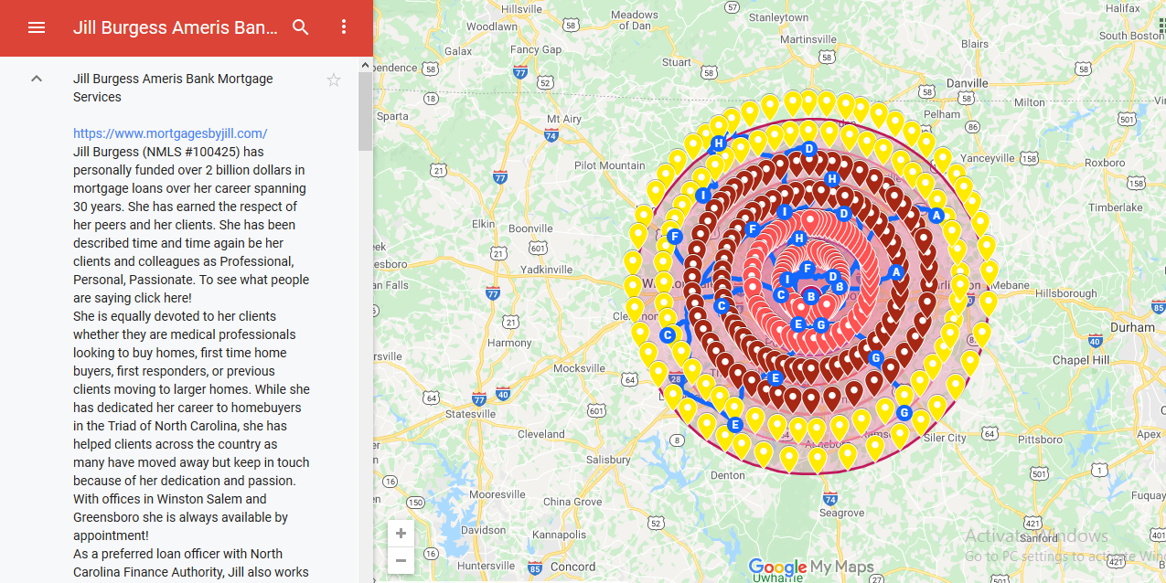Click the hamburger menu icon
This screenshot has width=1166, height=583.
click(x=37, y=27)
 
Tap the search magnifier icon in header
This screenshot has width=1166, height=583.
click(x=301, y=27)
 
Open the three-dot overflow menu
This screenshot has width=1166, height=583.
click(x=344, y=27)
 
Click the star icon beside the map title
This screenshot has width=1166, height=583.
click(x=334, y=80)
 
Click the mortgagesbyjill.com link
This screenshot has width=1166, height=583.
click(x=170, y=133)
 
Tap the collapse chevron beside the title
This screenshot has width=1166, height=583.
click(x=37, y=79)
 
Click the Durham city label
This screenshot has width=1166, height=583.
click(x=1132, y=327)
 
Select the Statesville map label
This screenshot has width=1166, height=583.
click(x=470, y=414)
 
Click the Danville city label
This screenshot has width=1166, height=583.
click(x=967, y=83)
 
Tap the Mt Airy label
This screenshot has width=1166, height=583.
click(x=563, y=119)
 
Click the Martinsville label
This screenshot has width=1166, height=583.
click(x=808, y=39)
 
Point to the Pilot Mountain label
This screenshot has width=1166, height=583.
click(x=609, y=165)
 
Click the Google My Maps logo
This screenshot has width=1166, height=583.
click(x=810, y=567)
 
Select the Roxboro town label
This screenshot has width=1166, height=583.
click(x=1105, y=163)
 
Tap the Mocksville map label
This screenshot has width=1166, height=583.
click(x=579, y=368)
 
